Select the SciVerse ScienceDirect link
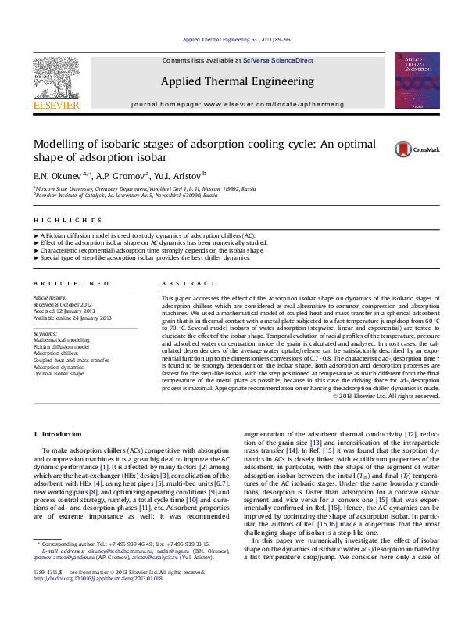pos(277,60)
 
